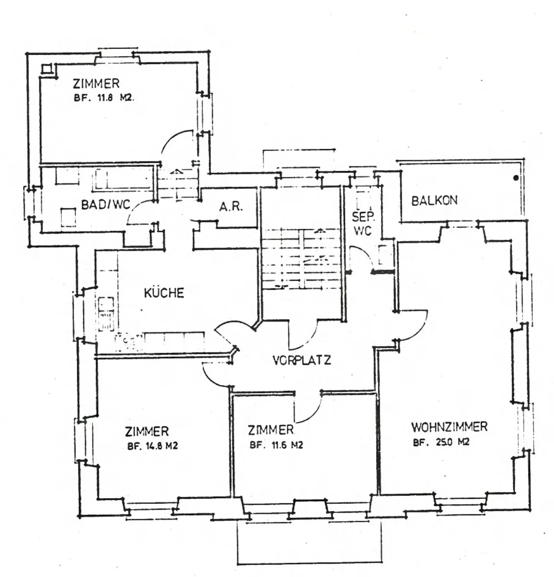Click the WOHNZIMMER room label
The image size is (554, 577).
449,427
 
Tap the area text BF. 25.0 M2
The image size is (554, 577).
441,442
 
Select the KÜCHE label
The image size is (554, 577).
164,293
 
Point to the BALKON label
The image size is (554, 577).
434,200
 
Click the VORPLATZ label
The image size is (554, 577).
302,360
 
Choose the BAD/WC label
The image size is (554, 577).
106,204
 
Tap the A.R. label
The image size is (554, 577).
231,207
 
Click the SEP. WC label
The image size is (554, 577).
363,223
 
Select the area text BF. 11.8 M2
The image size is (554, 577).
103,98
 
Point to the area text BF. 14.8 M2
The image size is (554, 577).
152,446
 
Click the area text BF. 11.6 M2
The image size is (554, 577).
276,445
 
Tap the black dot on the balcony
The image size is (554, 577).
516,178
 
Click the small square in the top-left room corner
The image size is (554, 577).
47,68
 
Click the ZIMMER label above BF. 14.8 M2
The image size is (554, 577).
147,431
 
